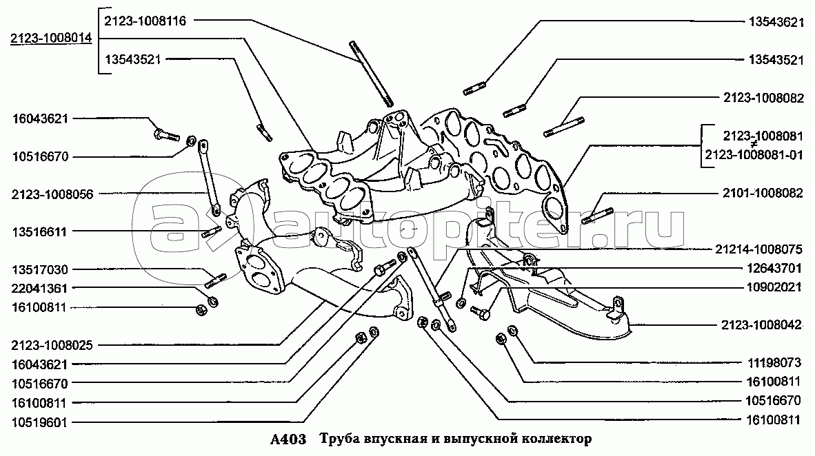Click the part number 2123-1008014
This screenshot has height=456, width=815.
pos(50,39)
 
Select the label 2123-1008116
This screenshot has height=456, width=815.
pos(145,21)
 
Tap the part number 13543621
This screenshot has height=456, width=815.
pos(776,22)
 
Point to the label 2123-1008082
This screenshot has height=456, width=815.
pos(763,98)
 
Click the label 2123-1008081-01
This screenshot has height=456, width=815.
pos(754,155)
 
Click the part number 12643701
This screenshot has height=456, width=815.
pos(774,269)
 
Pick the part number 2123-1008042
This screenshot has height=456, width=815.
pos(761,325)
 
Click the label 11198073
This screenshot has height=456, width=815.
pos(774,362)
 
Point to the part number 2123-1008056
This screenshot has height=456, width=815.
pos(52,194)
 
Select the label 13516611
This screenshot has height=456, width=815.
pos(40,232)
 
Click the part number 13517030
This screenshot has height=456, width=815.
pos(40,269)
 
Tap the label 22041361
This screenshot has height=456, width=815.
pos(40,288)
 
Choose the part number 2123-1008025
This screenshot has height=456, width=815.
pos(52,345)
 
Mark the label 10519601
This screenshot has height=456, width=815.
pos(39,422)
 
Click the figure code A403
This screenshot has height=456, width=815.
pos(288,439)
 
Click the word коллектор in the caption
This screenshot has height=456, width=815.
pos(561,439)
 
